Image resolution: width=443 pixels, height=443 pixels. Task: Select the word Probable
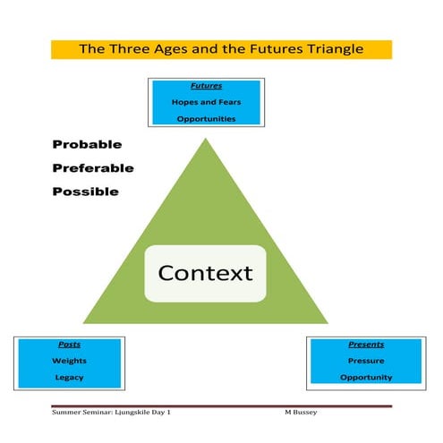click(x=87, y=144)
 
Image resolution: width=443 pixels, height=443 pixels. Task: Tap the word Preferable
click(x=93, y=167)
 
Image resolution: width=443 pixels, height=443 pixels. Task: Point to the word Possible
click(x=86, y=191)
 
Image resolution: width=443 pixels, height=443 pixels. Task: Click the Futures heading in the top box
click(x=206, y=87)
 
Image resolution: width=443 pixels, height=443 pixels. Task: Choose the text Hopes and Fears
click(x=206, y=102)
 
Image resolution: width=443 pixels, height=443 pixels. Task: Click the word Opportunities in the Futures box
click(x=206, y=118)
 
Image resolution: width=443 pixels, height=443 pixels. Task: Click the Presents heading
click(x=365, y=344)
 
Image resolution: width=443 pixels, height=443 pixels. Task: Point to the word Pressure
click(x=365, y=361)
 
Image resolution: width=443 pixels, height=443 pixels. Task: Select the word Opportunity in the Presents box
click(x=365, y=377)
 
